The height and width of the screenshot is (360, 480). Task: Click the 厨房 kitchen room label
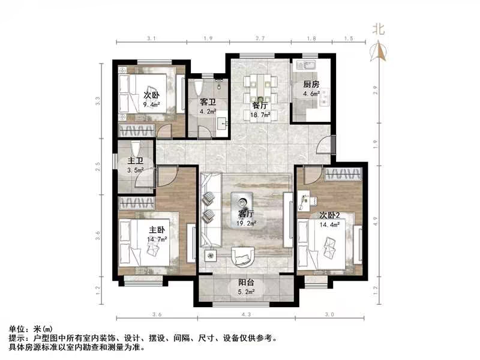[312, 84]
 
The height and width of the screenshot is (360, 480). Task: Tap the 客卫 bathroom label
[208, 102]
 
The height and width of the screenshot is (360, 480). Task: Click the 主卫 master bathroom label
[135, 161]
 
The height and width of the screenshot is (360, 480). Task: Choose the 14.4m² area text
[330, 224]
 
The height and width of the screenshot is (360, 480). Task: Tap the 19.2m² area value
[247, 223]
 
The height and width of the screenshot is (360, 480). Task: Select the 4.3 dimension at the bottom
[245, 314]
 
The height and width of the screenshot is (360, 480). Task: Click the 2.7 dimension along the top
[260, 38]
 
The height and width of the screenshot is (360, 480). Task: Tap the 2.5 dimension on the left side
[98, 167]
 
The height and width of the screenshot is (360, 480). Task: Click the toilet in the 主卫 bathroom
[135, 148]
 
